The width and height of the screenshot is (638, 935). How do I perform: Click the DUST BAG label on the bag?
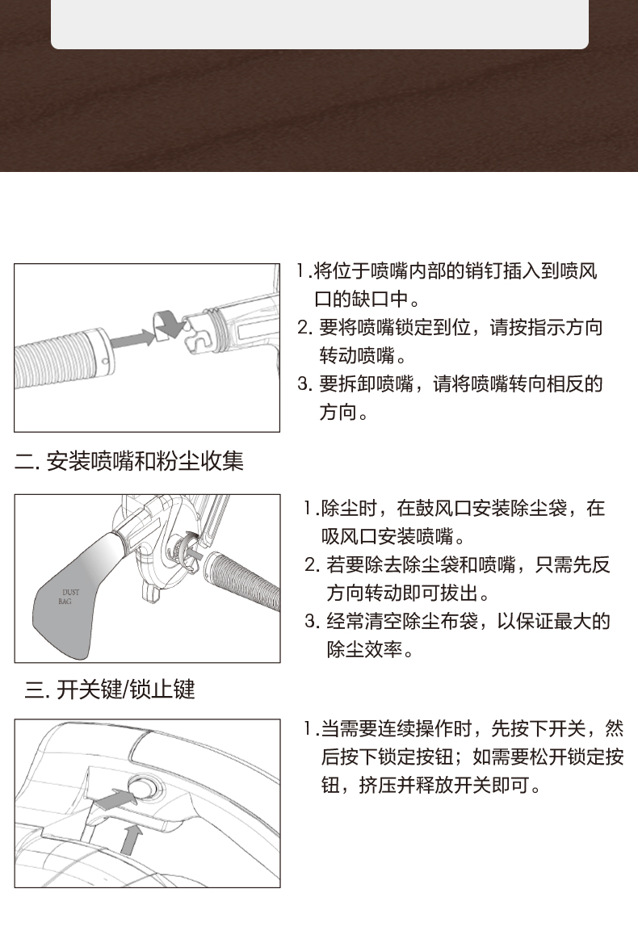(69, 597)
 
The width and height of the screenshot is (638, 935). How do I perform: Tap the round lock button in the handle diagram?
(143, 788)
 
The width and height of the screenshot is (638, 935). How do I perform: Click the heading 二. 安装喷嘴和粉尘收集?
(128, 461)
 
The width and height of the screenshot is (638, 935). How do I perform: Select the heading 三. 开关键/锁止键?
(110, 690)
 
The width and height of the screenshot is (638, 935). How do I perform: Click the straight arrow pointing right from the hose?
(132, 338)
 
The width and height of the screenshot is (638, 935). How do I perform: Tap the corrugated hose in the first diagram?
(61, 356)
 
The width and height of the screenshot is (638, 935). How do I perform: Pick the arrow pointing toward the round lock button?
(114, 799)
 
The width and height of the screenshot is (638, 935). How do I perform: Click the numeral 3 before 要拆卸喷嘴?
(304, 384)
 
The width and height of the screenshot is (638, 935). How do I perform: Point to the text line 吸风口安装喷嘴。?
(393, 537)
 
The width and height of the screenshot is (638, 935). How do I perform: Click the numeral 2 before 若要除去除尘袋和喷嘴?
(311, 564)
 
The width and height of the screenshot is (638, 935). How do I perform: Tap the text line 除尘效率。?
(370, 649)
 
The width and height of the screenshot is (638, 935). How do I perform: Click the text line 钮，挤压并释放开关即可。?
(431, 786)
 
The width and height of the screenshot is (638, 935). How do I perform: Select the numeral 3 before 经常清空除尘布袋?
(311, 622)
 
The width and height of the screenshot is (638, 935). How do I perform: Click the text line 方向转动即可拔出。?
(408, 593)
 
